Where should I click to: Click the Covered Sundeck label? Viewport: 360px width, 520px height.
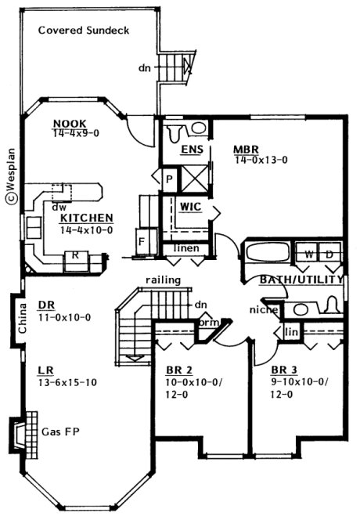(x=83, y=31)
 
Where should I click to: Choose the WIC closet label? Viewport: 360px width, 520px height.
(x=191, y=207)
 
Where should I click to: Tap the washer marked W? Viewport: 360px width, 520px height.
(x=308, y=255)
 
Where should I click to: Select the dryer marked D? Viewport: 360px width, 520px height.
(x=329, y=255)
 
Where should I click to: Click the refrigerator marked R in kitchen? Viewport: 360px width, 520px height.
(x=75, y=255)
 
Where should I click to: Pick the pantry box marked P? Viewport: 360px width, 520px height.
(x=168, y=179)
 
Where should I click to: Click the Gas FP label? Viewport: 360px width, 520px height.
(x=60, y=432)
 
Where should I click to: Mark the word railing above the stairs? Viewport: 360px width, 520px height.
(x=163, y=279)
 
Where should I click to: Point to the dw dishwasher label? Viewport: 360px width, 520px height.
(x=57, y=208)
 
